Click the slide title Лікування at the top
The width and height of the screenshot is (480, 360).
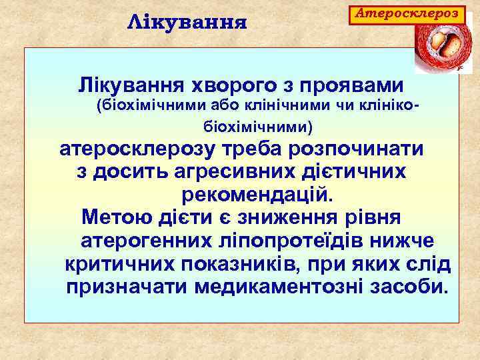point(187,23)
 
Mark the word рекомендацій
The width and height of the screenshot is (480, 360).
point(255,195)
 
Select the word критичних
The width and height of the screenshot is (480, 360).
point(118,263)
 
